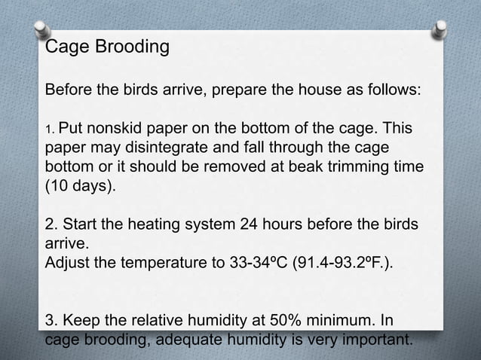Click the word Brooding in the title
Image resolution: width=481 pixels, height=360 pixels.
tap(130, 48)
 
